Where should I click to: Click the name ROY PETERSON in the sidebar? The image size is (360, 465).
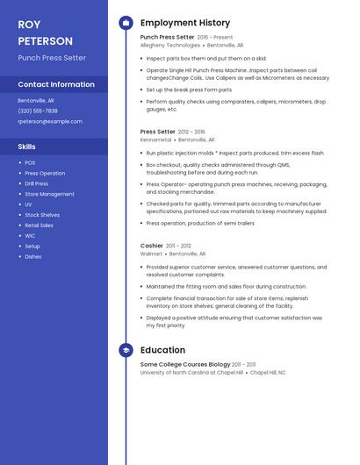(x=45, y=32)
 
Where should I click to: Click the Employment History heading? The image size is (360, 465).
(x=184, y=23)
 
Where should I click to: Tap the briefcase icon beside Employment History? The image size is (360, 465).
(x=126, y=23)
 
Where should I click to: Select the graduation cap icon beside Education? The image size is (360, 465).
(x=126, y=350)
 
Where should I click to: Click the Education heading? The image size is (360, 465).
(x=162, y=350)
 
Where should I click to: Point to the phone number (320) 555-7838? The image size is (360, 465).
(x=38, y=111)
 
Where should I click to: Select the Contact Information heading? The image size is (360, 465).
(x=56, y=84)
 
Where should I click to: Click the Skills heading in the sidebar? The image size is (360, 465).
(x=27, y=147)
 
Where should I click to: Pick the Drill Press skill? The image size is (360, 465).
(x=37, y=183)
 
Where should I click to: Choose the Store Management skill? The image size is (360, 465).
(x=49, y=194)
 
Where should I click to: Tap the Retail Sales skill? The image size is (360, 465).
(x=39, y=225)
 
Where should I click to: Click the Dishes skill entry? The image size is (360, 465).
(x=32, y=256)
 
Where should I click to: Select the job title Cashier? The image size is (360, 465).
(x=152, y=246)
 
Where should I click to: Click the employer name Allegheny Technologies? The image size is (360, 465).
(x=170, y=45)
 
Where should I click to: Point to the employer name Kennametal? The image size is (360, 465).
(x=156, y=139)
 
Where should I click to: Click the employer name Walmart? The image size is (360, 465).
(x=151, y=254)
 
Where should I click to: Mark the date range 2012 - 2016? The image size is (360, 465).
(x=191, y=132)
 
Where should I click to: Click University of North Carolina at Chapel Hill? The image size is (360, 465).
(x=191, y=372)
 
